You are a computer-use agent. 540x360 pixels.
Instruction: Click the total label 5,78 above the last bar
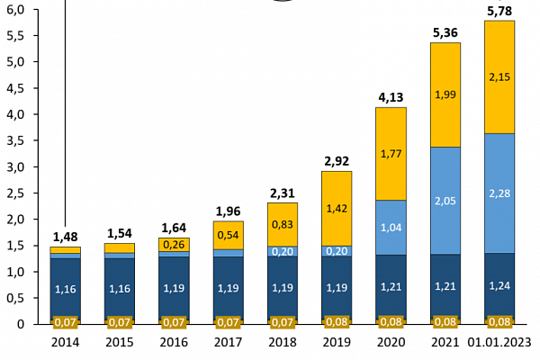(499, 11)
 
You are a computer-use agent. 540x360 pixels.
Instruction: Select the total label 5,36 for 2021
(445, 33)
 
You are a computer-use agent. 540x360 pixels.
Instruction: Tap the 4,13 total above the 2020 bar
(391, 97)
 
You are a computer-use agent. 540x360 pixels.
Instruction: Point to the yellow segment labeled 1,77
(391, 154)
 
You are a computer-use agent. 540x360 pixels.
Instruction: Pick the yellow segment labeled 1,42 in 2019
(337, 209)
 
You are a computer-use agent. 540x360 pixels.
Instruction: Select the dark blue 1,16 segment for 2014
(65, 289)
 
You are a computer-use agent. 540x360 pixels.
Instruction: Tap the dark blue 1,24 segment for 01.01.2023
(499, 285)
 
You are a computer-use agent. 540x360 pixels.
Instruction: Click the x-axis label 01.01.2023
(499, 343)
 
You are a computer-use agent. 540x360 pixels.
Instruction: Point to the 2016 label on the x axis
(174, 343)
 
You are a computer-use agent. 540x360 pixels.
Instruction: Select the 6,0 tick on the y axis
(17, 10)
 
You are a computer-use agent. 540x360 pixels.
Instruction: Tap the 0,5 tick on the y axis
(17, 298)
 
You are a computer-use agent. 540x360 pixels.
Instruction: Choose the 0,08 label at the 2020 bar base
(391, 321)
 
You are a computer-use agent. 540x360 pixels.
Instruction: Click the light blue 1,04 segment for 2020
(391, 228)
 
